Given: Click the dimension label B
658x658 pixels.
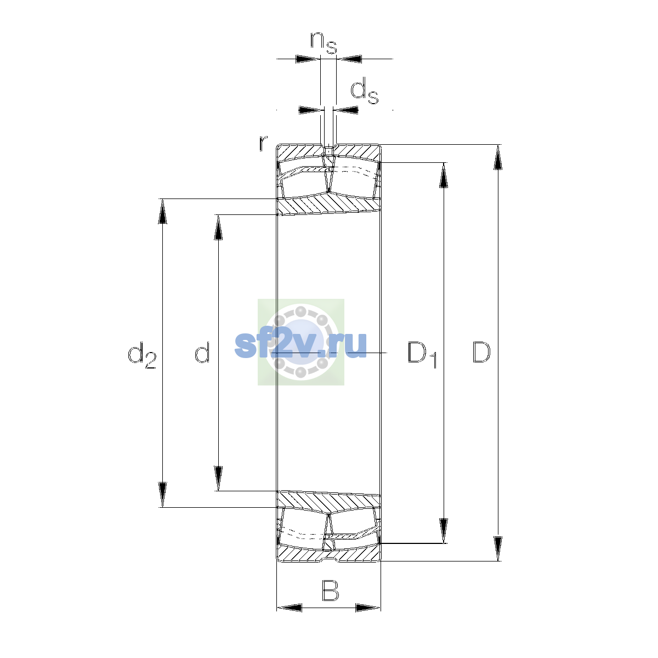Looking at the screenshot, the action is coord(331,591).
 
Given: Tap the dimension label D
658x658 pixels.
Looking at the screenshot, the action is coord(481,352).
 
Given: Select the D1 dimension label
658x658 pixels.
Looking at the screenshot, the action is coord(422,355).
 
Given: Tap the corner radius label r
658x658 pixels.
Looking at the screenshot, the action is coord(263,143).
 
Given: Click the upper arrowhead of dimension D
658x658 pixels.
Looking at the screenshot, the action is coord(498,157).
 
